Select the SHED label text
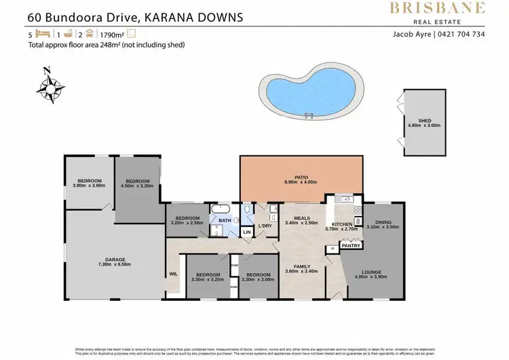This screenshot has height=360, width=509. point(424,120)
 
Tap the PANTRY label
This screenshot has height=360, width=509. point(350,246)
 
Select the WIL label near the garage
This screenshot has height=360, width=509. point(173,274)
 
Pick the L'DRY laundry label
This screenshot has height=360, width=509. point(265,226)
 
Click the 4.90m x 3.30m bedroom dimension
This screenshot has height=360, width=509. point(138,185)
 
